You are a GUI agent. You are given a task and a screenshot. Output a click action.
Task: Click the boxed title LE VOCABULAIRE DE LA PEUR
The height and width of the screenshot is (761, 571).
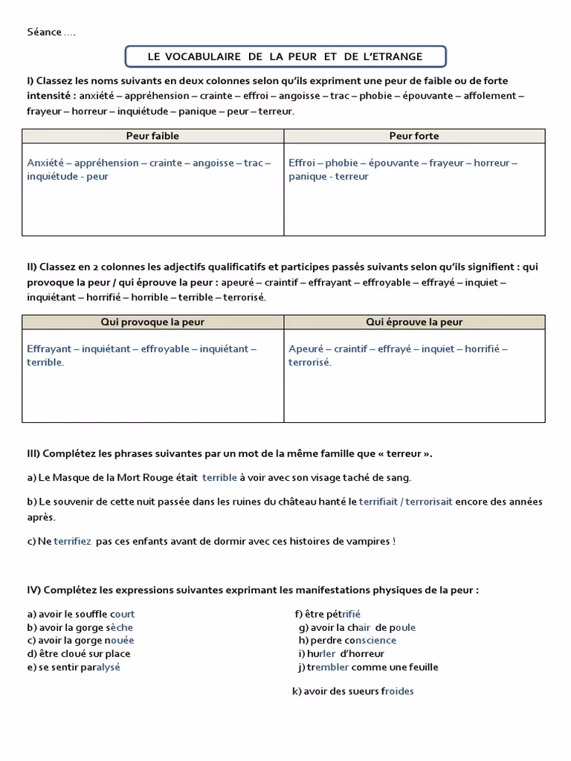tap(285, 56)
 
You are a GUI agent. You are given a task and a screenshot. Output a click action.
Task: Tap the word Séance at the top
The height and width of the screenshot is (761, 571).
tap(44, 32)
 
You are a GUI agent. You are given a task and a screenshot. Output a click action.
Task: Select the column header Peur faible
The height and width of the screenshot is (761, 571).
tap(152, 136)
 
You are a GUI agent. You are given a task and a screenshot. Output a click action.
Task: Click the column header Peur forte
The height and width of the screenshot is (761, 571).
tap(414, 136)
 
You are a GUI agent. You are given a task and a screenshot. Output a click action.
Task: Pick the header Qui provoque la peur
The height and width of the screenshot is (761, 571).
tap(152, 322)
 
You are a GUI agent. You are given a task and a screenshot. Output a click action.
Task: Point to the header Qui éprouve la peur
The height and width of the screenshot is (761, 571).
tap(414, 322)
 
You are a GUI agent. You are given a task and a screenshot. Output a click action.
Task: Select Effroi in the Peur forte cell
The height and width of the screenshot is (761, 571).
tap(302, 163)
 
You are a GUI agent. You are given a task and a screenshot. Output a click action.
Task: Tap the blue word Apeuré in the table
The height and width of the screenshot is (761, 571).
tap(306, 349)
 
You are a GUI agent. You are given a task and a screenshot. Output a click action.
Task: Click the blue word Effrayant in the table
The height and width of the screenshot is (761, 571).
tap(49, 349)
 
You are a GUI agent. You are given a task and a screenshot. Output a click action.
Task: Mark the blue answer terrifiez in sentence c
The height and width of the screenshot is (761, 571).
tap(72, 541)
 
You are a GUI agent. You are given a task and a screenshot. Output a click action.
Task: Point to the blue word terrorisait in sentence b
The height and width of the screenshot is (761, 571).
tap(428, 502)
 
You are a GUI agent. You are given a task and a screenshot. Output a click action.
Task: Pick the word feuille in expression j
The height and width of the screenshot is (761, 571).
tap(421, 667)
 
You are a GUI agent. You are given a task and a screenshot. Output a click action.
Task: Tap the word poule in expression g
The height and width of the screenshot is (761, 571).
tap(402, 627)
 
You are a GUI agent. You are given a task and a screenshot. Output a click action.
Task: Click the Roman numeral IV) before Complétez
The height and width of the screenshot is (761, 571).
tap(33, 590)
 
